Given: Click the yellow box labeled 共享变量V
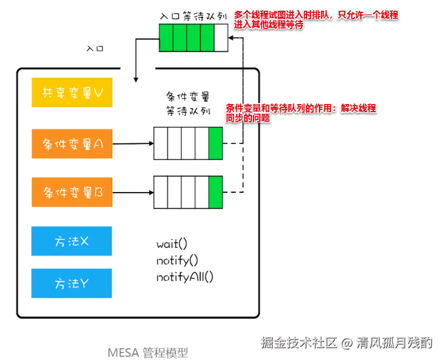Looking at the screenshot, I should point(72,92).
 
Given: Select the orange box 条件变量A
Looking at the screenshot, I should point(72,144).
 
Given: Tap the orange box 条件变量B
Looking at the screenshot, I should point(72,192).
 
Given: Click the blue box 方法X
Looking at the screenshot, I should point(71,241).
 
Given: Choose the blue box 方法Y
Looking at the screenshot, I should point(71,283).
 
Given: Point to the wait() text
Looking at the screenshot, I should point(172,244).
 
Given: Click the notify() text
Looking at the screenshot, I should point(177,261).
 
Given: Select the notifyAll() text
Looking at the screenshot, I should point(185,277).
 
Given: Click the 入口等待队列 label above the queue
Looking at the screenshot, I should point(193,17).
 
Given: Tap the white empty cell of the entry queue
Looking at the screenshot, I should point(221,38).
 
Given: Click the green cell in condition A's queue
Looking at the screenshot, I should point(215,143).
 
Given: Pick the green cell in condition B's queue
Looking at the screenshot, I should point(215,192).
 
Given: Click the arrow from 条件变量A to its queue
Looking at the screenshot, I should point(133,144).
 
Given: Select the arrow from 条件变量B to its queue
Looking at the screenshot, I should point(133,192).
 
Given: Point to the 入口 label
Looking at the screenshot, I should point(95,48).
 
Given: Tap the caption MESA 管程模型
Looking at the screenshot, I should point(148,352).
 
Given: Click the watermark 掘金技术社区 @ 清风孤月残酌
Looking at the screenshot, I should point(346,342).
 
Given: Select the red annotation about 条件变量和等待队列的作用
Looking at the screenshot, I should point(301,113).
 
